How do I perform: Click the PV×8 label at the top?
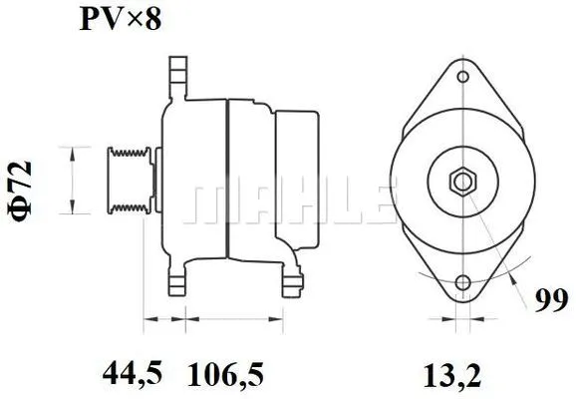tap(121, 20)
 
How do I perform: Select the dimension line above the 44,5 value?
tap(164, 321)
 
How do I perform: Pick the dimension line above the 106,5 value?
tap(235, 321)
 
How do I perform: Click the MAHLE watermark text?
tap(289, 204)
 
